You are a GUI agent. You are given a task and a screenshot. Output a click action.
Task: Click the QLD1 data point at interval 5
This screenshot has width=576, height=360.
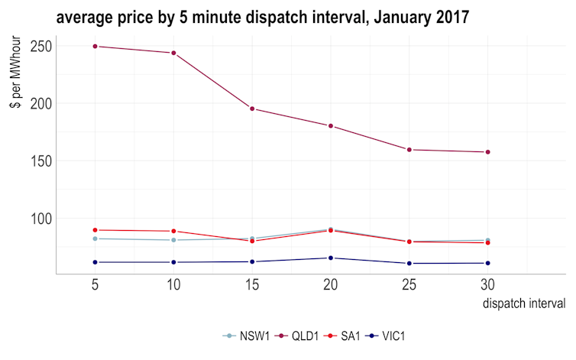click(x=95, y=46)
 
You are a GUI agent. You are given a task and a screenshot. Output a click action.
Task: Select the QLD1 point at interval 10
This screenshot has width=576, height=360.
click(x=173, y=53)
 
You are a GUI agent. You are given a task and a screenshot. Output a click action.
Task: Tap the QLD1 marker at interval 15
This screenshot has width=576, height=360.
click(x=252, y=109)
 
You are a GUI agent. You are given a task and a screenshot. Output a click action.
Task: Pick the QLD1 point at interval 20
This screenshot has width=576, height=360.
click(x=330, y=125)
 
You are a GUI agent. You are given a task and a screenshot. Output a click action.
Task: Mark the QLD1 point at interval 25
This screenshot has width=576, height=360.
click(x=409, y=150)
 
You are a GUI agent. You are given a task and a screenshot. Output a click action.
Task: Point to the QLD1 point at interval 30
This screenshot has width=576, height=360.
click(x=487, y=152)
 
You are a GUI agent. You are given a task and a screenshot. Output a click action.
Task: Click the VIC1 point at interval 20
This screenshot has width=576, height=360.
click(x=330, y=258)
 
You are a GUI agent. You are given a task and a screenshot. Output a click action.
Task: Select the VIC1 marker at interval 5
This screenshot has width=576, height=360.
click(x=95, y=262)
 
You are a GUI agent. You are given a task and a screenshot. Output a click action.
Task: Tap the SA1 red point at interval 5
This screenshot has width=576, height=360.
click(x=95, y=230)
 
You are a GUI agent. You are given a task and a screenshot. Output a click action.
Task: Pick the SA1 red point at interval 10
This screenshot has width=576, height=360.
click(x=173, y=231)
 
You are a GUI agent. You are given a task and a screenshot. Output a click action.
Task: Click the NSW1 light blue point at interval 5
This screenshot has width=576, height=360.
click(x=95, y=238)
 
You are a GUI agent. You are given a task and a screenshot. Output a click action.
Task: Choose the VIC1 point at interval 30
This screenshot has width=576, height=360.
click(x=487, y=263)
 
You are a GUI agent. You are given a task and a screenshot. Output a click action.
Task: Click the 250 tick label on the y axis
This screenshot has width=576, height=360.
click(x=40, y=46)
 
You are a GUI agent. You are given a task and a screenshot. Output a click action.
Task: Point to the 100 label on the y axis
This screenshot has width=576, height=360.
click(x=40, y=219)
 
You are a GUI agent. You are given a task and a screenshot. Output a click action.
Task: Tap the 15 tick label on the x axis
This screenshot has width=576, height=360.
click(x=252, y=285)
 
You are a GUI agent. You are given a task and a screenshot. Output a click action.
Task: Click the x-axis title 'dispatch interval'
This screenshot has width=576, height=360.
click(x=524, y=304)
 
